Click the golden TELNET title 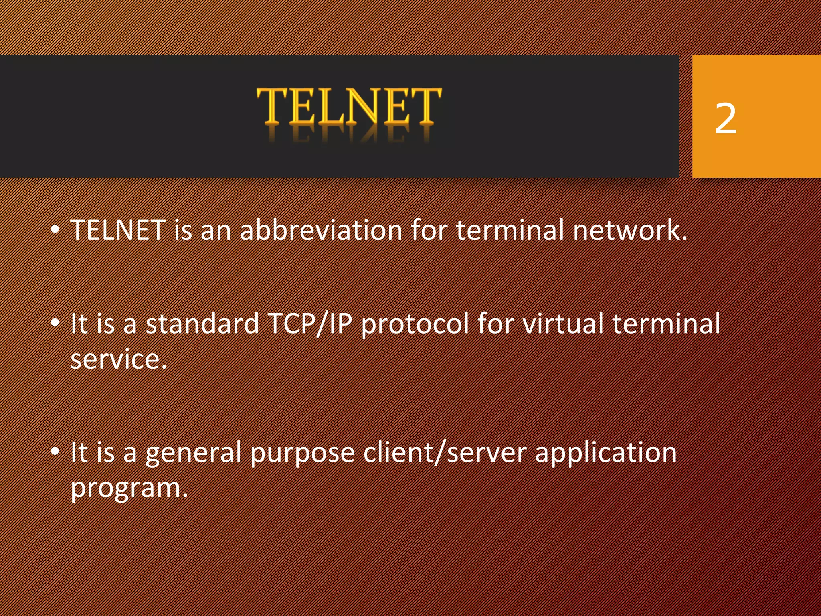pos(349,106)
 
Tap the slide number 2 pos(726,118)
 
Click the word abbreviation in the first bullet pos(321,231)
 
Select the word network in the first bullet pos(629,231)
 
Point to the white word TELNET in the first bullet pos(118,231)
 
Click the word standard pos(202,324)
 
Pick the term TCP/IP pos(309,324)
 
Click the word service pos(118,359)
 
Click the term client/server pos(445,453)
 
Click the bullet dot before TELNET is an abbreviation pos(55,230)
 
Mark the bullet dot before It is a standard pos(55,323)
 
